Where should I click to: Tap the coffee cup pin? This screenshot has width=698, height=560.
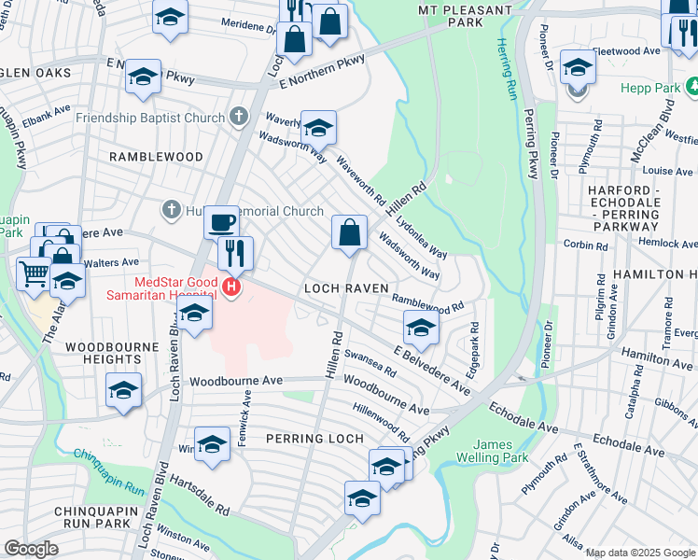coord(221,223)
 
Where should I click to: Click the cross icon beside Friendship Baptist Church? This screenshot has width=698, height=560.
coord(239,118)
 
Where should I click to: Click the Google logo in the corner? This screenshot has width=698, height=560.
coord(31,549)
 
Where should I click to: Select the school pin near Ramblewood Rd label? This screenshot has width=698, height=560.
coord(421,328)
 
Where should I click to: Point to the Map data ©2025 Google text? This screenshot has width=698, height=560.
coord(639,553)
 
